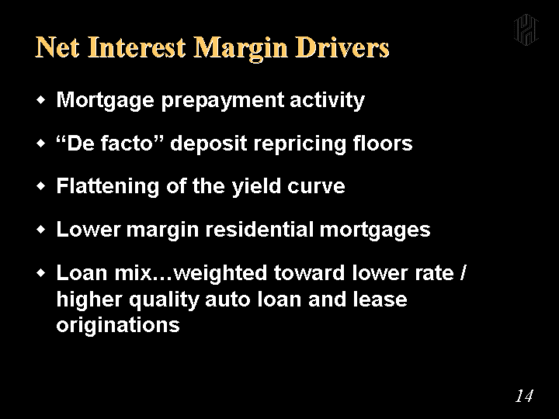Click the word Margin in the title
240,48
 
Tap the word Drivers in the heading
342,47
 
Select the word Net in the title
57,47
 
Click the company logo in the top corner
526,30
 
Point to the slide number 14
524,396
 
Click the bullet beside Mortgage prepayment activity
41,100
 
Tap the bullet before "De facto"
41,144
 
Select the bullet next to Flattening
41,186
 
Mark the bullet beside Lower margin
41,230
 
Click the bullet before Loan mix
41,273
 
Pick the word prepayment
223,101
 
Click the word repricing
300,144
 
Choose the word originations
118,325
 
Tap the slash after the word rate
463,273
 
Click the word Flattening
108,186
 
